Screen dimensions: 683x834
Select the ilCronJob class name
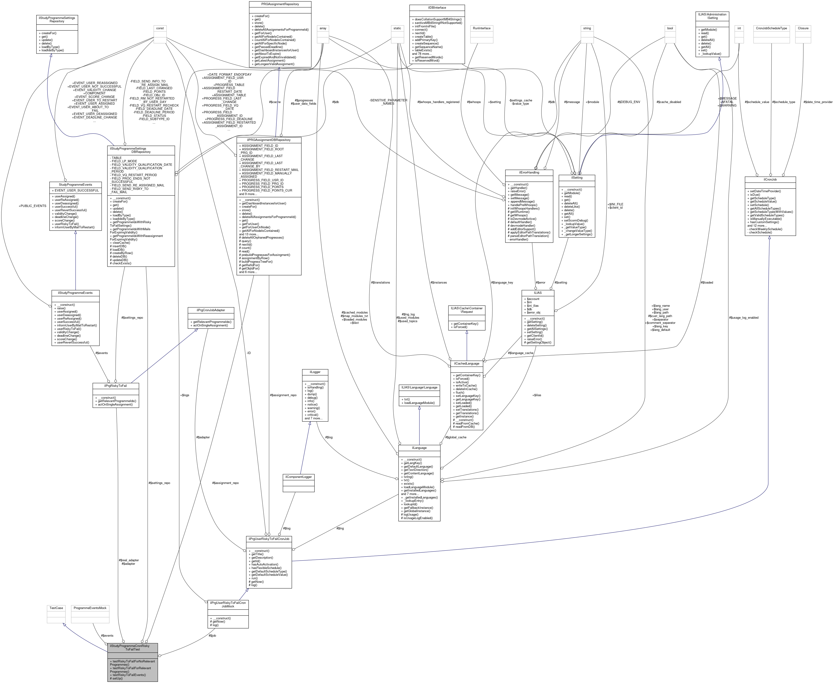tap(770, 179)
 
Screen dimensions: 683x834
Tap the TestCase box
tap(56, 608)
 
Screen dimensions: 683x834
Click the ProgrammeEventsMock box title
tap(90, 608)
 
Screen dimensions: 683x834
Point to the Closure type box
tap(803, 28)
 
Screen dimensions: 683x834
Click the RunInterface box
tap(481, 28)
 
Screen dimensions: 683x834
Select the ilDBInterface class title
tap(437, 7)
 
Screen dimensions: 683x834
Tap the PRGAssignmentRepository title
tap(280, 4)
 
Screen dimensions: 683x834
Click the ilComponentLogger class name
tap(298, 477)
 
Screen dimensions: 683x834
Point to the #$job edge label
tap(212, 635)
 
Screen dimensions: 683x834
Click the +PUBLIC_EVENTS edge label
tap(33, 206)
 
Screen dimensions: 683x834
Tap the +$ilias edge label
tap(536, 395)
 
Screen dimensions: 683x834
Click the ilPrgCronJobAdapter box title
tap(211, 310)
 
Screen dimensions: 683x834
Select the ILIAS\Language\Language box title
tap(419, 388)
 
